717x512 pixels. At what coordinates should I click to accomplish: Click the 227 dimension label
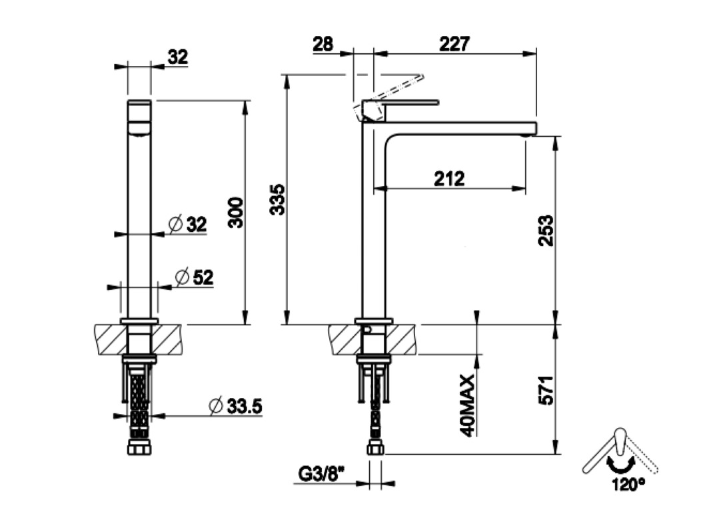(x=454, y=44)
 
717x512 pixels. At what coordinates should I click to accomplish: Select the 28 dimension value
(x=323, y=44)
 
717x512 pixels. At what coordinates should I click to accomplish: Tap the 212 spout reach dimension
(x=449, y=179)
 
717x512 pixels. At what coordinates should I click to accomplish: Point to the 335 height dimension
(x=277, y=199)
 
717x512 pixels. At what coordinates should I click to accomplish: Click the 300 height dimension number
(x=237, y=212)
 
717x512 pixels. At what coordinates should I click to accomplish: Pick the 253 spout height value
(x=546, y=231)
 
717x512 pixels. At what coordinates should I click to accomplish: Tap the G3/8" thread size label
(x=321, y=474)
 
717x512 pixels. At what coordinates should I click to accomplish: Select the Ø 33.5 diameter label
(x=235, y=406)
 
